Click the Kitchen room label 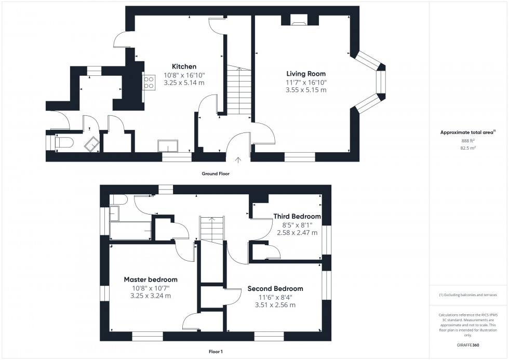[184, 66]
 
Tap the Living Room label [306, 74]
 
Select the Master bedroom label [151, 279]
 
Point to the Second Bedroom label [275, 289]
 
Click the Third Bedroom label [297, 216]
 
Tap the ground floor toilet [64, 142]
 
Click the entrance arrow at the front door [238, 159]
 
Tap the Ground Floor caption [216, 174]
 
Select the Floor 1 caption [216, 352]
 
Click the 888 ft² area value [468, 141]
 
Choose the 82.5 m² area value [468, 148]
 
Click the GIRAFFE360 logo [468, 345]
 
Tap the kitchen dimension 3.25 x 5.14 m [184, 83]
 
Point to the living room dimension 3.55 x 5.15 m [306, 90]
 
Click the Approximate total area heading [468, 132]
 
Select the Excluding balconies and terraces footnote [468, 295]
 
